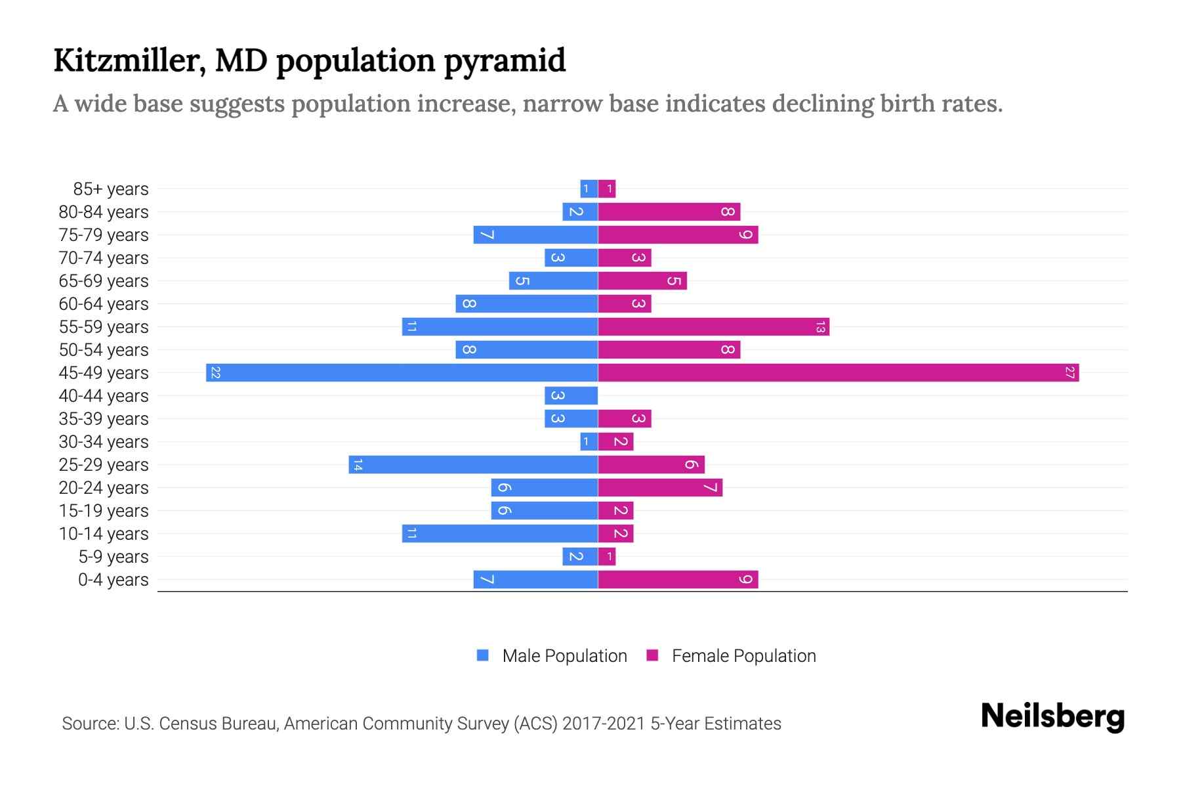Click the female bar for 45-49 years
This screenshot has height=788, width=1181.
click(838, 373)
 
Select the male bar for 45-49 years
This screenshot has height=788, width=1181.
click(402, 373)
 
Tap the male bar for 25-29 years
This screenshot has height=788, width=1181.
click(473, 465)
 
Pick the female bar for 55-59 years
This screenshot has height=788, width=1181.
click(713, 327)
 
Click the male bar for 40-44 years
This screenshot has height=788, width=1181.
click(571, 396)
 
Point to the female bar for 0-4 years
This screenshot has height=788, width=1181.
click(678, 580)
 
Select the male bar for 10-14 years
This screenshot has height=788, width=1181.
click(500, 534)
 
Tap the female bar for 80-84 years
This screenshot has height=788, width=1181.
click(669, 212)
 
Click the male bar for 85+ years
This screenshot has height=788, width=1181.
click(589, 189)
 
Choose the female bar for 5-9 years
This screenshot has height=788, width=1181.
click(607, 557)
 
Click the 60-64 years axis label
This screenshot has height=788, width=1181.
click(104, 304)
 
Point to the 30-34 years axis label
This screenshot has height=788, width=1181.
click(104, 442)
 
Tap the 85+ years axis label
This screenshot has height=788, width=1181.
click(111, 189)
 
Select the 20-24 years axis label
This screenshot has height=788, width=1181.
click(104, 488)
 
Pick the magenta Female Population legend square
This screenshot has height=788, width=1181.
click(652, 655)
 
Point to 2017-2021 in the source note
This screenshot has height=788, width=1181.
click(604, 724)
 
